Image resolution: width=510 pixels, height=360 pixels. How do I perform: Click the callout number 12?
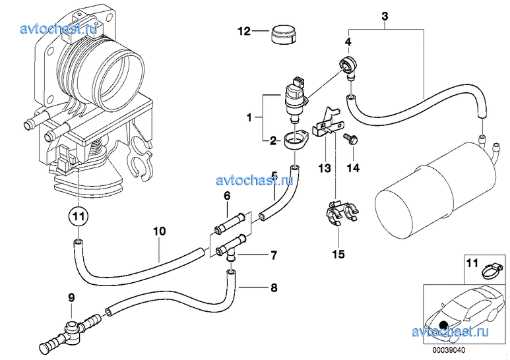click(x=245, y=31)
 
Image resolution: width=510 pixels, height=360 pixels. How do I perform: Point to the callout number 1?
click(x=250, y=118)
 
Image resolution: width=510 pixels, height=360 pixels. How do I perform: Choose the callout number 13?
click(x=324, y=169)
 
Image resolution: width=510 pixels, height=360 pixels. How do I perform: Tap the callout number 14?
click(x=353, y=169)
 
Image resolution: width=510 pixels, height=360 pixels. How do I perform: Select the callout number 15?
click(x=338, y=253)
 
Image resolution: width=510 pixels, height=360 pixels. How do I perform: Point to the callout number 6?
click(x=226, y=196)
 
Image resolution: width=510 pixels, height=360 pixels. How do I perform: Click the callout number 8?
click(x=255, y=287)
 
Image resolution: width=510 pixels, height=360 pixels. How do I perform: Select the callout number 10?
click(x=158, y=231)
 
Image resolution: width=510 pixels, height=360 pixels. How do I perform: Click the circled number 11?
click(x=79, y=216)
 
